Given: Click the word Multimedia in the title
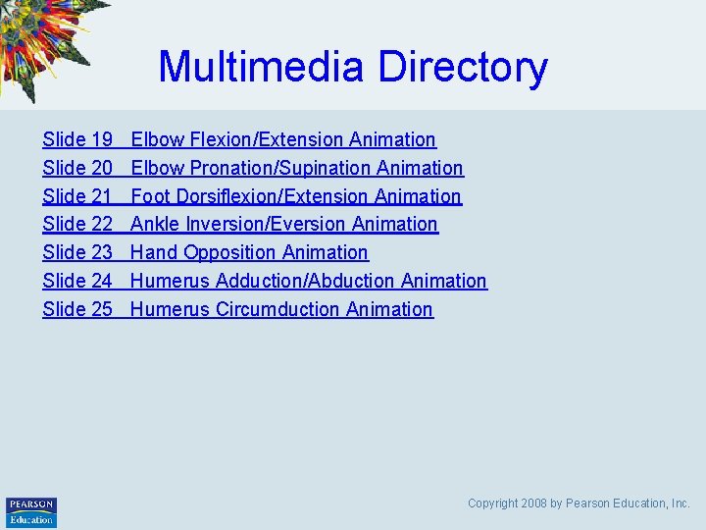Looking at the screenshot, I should (262, 67).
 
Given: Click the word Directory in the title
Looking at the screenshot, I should (462, 67).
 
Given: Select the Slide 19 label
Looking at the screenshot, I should (77, 140).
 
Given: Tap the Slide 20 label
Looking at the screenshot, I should (77, 169).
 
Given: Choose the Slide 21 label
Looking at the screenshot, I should (77, 196).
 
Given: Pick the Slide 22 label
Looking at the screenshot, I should (77, 225).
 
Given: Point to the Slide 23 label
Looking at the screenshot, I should (77, 253).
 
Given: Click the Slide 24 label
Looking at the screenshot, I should (77, 281).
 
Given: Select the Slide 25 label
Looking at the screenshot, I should (77, 309).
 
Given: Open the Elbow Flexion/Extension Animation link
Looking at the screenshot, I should (283, 140).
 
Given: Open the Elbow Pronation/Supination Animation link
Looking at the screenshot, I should (297, 169).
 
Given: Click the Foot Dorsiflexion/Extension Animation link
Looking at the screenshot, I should (296, 196).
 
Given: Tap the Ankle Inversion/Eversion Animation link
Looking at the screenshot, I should (284, 225).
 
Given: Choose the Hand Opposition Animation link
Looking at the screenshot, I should (249, 253).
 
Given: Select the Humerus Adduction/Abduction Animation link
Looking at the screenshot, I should (309, 281).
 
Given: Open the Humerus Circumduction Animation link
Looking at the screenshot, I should (281, 309).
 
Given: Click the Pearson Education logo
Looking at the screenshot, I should (31, 511).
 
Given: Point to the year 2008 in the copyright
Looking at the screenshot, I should (534, 503).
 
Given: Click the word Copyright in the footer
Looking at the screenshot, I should (493, 503).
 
